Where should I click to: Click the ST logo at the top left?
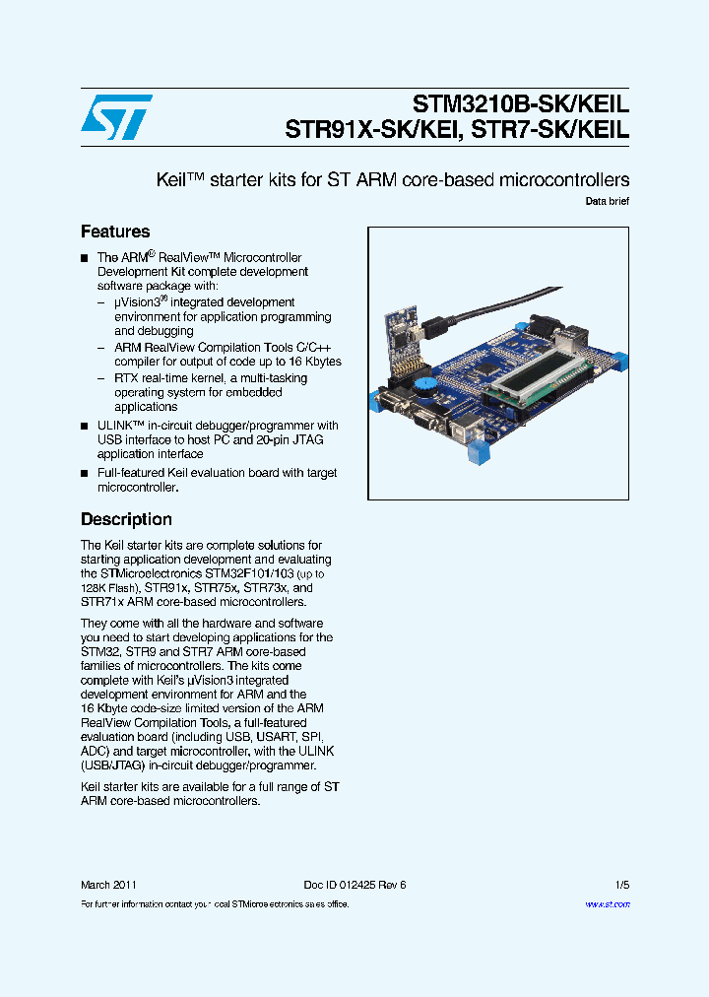tap(116, 117)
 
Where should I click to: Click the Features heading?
tap(115, 232)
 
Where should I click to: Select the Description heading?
tap(126, 519)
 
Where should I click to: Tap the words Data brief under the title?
tap(607, 201)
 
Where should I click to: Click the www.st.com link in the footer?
tap(608, 903)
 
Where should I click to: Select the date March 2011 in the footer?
tap(108, 885)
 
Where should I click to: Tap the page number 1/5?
tap(621, 885)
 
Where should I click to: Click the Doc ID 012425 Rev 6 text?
tap(354, 885)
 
